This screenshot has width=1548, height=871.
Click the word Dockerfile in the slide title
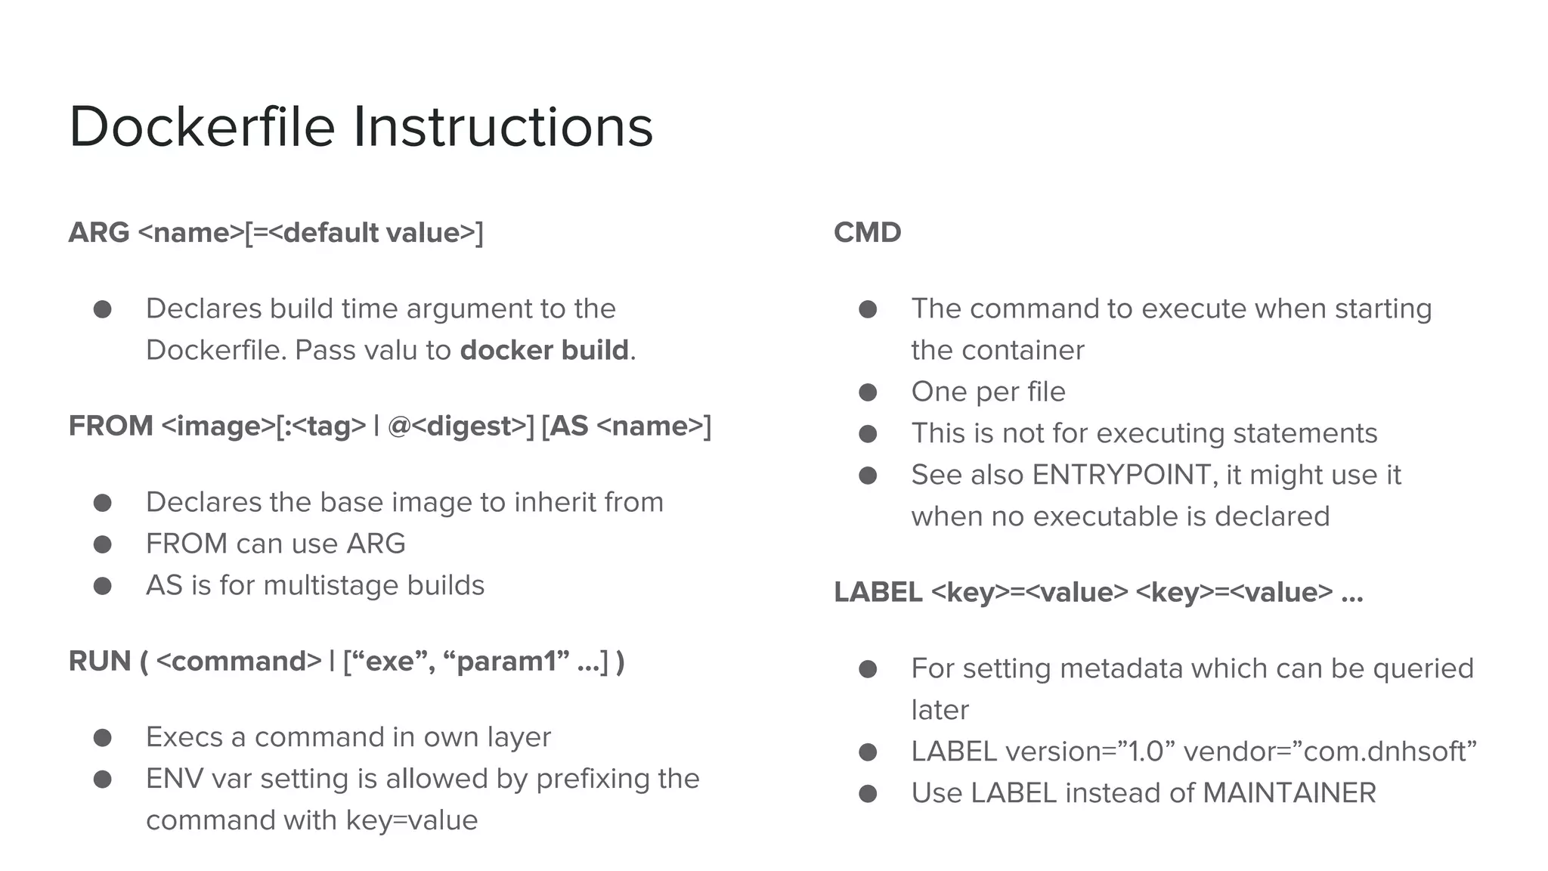tap(202, 127)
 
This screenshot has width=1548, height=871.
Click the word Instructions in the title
tap(503, 127)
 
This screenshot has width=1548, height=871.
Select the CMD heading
tap(867, 233)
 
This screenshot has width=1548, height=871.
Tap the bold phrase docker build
tap(544, 351)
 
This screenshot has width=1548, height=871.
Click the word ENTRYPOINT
tap(1124, 476)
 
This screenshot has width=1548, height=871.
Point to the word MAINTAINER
tap(1289, 794)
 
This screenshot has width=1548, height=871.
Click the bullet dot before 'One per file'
tap(868, 392)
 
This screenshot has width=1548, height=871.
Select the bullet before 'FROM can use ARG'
tap(103, 544)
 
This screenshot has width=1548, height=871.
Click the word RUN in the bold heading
tap(99, 662)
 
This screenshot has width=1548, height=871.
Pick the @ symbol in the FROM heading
tap(398, 426)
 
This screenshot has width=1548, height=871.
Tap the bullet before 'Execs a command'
tap(103, 738)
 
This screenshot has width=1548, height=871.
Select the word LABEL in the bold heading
tap(878, 593)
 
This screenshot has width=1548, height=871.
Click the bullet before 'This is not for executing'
tap(868, 434)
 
